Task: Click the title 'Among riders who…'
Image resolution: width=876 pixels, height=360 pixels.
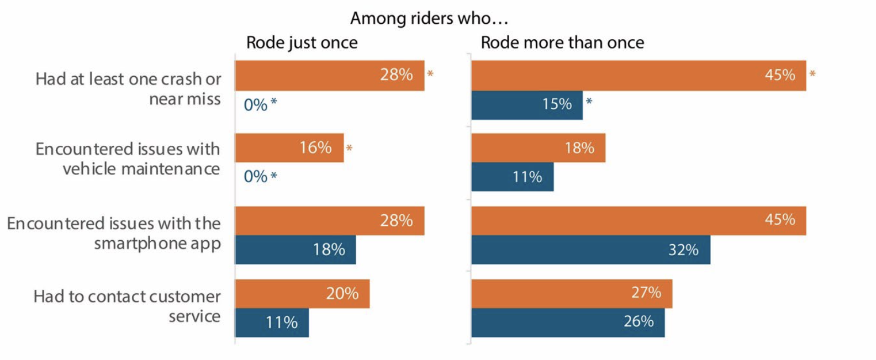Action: [x=429, y=18]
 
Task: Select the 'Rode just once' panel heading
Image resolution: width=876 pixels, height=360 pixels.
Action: [x=302, y=43]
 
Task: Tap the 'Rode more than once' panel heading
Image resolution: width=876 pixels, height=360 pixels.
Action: [x=562, y=43]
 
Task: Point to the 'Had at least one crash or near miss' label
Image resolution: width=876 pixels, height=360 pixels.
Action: [x=128, y=89]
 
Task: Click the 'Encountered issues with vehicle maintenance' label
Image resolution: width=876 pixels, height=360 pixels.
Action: [x=128, y=158]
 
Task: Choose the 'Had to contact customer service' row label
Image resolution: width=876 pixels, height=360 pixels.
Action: [x=127, y=306]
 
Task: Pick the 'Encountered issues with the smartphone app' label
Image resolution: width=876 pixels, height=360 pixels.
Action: [x=114, y=233]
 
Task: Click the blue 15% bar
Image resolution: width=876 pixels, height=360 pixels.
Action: [x=526, y=105]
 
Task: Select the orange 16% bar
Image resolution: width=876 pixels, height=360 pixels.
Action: [x=289, y=148]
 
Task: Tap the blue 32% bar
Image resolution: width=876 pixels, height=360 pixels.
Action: [x=590, y=250]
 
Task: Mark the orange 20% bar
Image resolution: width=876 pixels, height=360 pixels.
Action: [x=302, y=294]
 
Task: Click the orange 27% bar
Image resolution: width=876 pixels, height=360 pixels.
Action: [x=572, y=293]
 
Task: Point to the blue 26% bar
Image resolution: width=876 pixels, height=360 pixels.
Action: [x=568, y=322]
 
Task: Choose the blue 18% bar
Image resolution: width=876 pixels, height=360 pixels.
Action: [x=295, y=250]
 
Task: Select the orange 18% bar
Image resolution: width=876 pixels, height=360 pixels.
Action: [x=538, y=148]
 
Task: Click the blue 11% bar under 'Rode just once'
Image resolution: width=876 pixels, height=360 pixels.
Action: [x=272, y=322]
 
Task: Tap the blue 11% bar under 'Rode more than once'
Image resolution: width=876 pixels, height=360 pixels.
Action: [x=512, y=177]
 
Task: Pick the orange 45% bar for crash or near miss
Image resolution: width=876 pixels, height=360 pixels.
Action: [x=638, y=76]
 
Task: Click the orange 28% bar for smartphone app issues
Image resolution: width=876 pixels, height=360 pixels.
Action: [x=330, y=221]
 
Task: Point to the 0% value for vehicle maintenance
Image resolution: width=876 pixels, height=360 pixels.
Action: [x=256, y=177]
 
